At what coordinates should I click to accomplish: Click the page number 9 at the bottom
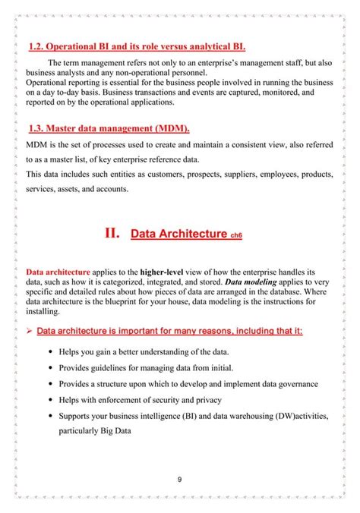tap(179, 479)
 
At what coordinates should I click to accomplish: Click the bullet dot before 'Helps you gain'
tap(50, 352)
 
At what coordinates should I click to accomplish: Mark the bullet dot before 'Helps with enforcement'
tap(50, 400)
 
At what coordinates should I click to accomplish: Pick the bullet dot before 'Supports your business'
tap(50, 416)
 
